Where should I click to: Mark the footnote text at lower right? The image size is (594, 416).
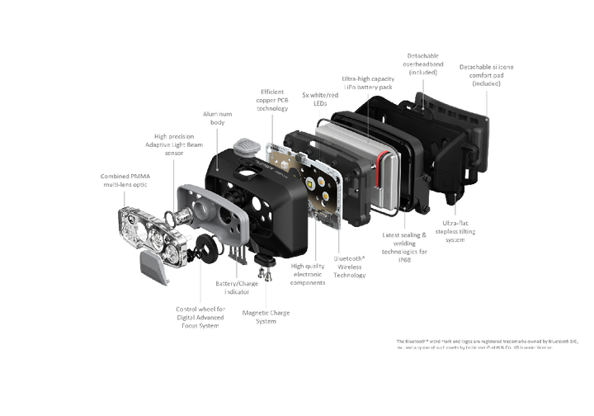(487, 343)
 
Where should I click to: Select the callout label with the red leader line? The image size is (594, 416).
(368, 81)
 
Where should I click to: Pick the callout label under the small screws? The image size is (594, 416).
(266, 316)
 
